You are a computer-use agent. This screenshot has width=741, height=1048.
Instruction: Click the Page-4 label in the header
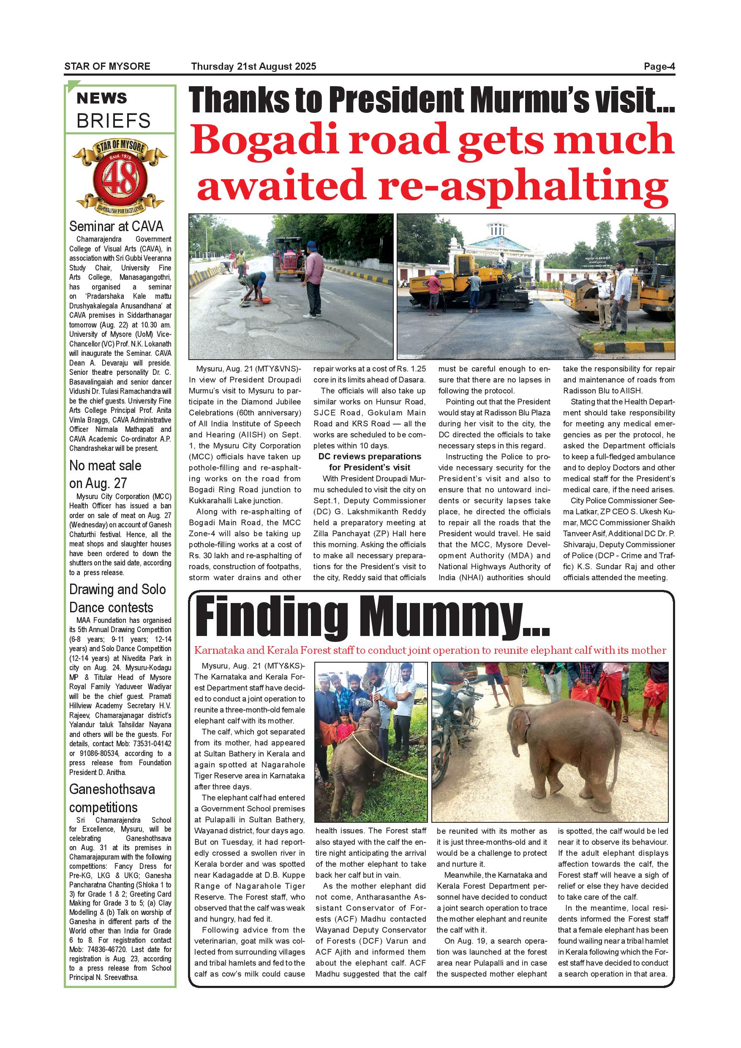pyautogui.click(x=659, y=67)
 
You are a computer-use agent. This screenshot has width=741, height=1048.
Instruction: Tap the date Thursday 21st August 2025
pyautogui.click(x=254, y=67)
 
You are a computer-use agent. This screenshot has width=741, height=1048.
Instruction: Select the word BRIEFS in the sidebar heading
pyautogui.click(x=113, y=121)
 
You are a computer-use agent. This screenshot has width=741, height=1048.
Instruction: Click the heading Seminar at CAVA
pyautogui.click(x=116, y=227)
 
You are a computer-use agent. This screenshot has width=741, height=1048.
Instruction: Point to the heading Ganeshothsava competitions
pyautogui.click(x=112, y=798)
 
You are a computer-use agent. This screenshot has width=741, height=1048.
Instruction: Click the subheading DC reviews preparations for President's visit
pyautogui.click(x=369, y=462)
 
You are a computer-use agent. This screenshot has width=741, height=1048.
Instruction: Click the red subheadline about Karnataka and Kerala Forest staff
pyautogui.click(x=430, y=650)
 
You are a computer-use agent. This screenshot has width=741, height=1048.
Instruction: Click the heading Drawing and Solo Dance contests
pyautogui.click(x=117, y=598)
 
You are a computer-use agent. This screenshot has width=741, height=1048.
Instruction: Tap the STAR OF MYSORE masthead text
pyautogui.click(x=107, y=67)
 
